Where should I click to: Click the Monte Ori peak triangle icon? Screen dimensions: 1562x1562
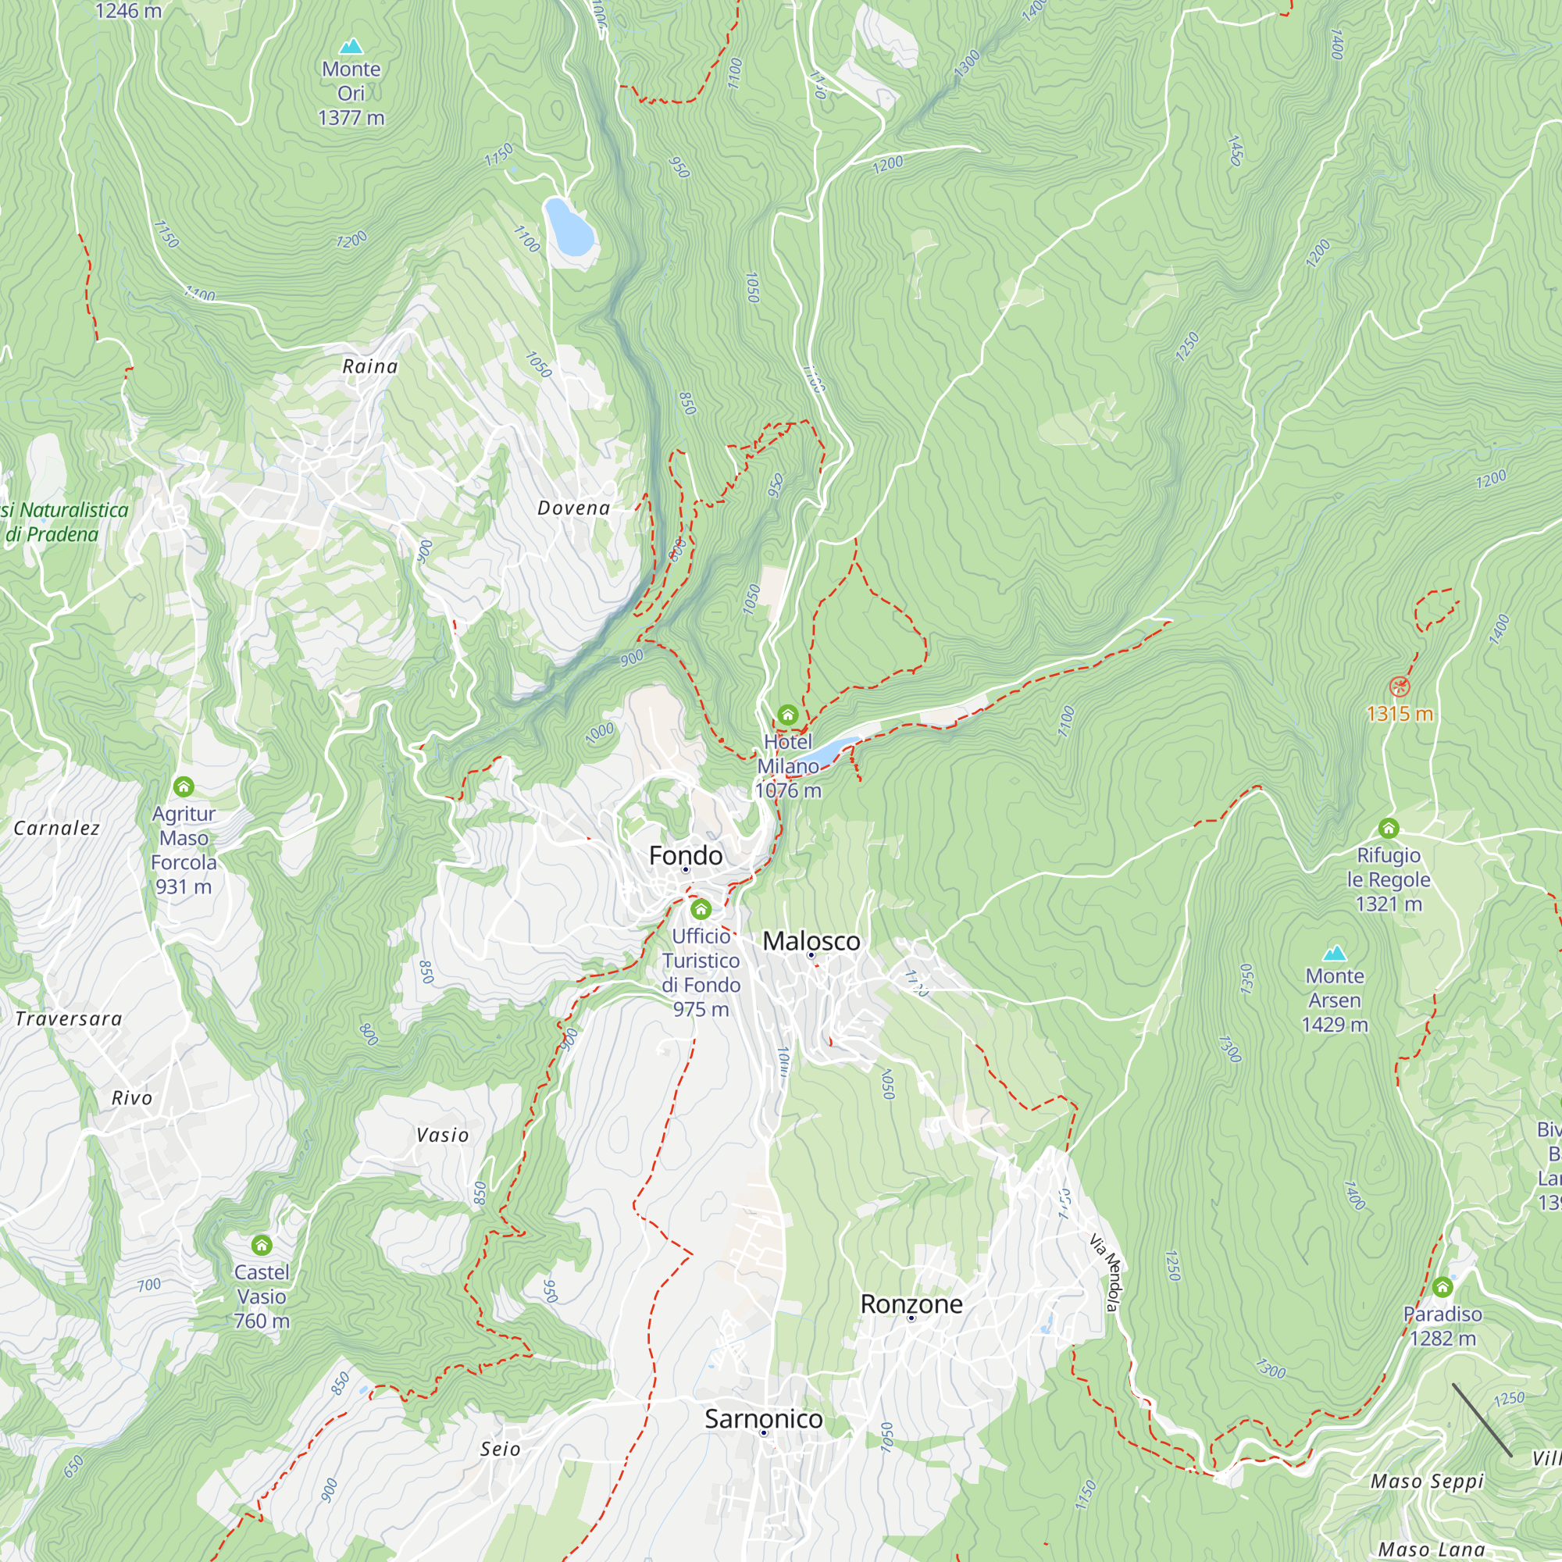351,46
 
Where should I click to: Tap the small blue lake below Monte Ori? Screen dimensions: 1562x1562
569,226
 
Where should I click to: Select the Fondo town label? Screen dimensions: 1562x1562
686,855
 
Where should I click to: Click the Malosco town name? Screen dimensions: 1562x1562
811,941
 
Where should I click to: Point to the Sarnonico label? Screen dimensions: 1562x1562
763,1418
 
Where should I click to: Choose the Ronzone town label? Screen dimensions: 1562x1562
911,1303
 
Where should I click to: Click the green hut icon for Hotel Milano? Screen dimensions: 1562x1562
787,715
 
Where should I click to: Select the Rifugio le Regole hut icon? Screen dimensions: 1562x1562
1388,828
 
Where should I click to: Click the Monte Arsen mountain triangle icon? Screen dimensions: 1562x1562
1334,952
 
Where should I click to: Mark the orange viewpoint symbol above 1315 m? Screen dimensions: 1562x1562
1400,687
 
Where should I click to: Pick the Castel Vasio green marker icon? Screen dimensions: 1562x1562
261,1244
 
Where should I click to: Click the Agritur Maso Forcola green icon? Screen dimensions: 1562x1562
184,786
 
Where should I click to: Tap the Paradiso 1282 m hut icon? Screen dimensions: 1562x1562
1443,1286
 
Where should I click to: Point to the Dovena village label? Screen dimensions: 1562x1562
574,508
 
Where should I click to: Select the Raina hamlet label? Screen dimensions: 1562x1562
370,366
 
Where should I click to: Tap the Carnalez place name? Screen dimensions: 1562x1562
56,828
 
